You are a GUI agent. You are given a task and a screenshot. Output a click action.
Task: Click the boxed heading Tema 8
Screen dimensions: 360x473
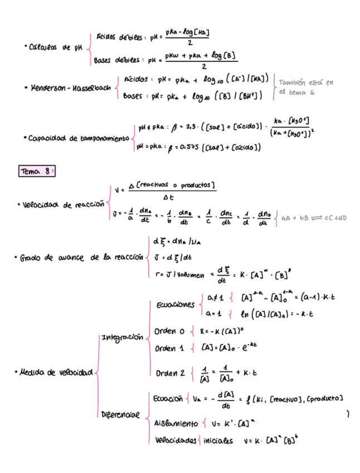tap(37, 172)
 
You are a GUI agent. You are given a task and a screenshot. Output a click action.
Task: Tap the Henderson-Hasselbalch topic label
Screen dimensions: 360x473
tap(69, 88)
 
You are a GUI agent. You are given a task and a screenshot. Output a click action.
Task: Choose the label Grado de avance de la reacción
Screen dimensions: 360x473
tap(79, 258)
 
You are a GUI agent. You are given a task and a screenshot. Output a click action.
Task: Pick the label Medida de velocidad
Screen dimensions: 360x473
tap(56, 372)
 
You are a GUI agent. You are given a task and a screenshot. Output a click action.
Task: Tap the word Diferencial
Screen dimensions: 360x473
tap(120, 415)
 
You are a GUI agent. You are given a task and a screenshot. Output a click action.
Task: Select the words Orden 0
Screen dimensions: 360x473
tap(169, 331)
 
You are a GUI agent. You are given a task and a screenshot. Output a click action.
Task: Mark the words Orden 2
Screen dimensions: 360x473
tap(170, 373)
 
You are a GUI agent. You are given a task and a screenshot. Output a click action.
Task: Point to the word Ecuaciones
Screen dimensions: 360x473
tap(176, 305)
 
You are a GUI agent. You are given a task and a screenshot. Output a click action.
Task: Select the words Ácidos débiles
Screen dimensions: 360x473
tap(120, 37)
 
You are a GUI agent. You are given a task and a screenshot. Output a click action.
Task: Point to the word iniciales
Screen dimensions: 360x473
tap(218, 440)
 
